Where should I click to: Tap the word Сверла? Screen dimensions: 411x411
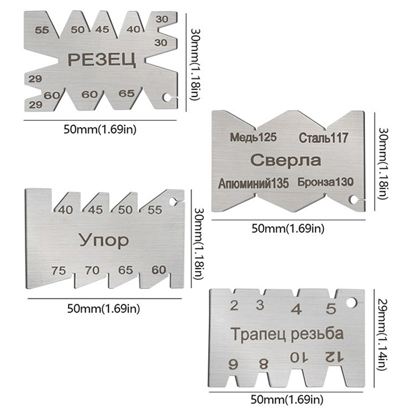[286, 160]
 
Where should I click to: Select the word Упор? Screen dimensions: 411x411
[103, 239]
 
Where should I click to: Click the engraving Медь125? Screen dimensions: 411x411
[253, 137]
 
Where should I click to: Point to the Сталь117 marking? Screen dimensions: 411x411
[323, 138]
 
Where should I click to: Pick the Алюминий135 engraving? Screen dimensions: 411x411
[254, 182]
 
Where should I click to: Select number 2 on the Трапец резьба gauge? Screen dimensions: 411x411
[234, 306]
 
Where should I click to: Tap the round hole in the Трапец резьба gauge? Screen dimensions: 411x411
[351, 303]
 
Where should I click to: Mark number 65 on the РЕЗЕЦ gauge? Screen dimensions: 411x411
[126, 94]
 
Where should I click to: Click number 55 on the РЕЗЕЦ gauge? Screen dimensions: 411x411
[42, 30]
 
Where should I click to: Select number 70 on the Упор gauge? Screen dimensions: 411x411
[92, 269]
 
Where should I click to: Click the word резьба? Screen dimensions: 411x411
[316, 334]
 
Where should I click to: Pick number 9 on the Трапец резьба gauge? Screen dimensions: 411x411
[234, 365]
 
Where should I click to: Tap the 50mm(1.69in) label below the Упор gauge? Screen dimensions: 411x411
[103, 308]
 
